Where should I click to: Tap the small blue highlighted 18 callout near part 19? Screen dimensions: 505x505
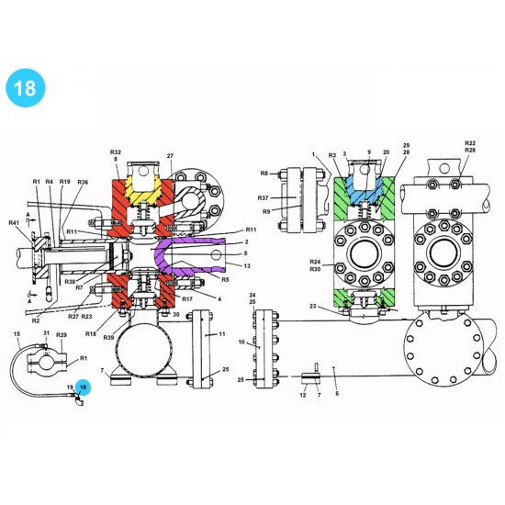[x=84, y=388]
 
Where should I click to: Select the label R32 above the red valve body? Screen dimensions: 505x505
[x=116, y=151]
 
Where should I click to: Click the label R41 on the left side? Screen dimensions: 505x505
[x=14, y=223]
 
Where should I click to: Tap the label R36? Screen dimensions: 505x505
[x=83, y=183]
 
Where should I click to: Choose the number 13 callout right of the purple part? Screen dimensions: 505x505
[x=247, y=265]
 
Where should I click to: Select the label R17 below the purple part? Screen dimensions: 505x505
[x=187, y=299]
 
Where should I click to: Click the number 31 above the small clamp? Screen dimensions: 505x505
[x=46, y=332]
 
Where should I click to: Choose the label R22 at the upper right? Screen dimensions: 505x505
[x=470, y=143]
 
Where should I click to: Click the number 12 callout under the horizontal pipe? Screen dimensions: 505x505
[x=304, y=395]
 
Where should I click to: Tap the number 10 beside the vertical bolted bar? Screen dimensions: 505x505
[x=241, y=342]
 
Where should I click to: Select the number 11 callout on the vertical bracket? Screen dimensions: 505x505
[x=221, y=335]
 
